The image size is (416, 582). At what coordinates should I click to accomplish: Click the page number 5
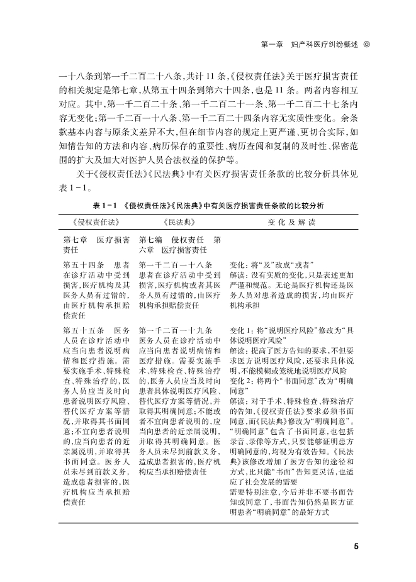[356, 546]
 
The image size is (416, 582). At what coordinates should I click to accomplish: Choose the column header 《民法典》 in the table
[177, 223]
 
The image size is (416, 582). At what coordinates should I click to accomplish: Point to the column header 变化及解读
[291, 223]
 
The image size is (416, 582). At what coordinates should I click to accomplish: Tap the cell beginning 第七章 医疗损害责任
[96, 244]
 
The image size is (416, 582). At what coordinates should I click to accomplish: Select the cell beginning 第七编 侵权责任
[179, 244]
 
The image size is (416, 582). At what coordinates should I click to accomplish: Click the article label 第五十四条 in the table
[80, 265]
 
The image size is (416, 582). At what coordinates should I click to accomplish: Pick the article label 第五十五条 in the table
[80, 330]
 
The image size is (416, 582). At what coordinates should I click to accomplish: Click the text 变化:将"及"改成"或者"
[272, 265]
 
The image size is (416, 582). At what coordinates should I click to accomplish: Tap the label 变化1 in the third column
[241, 330]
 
